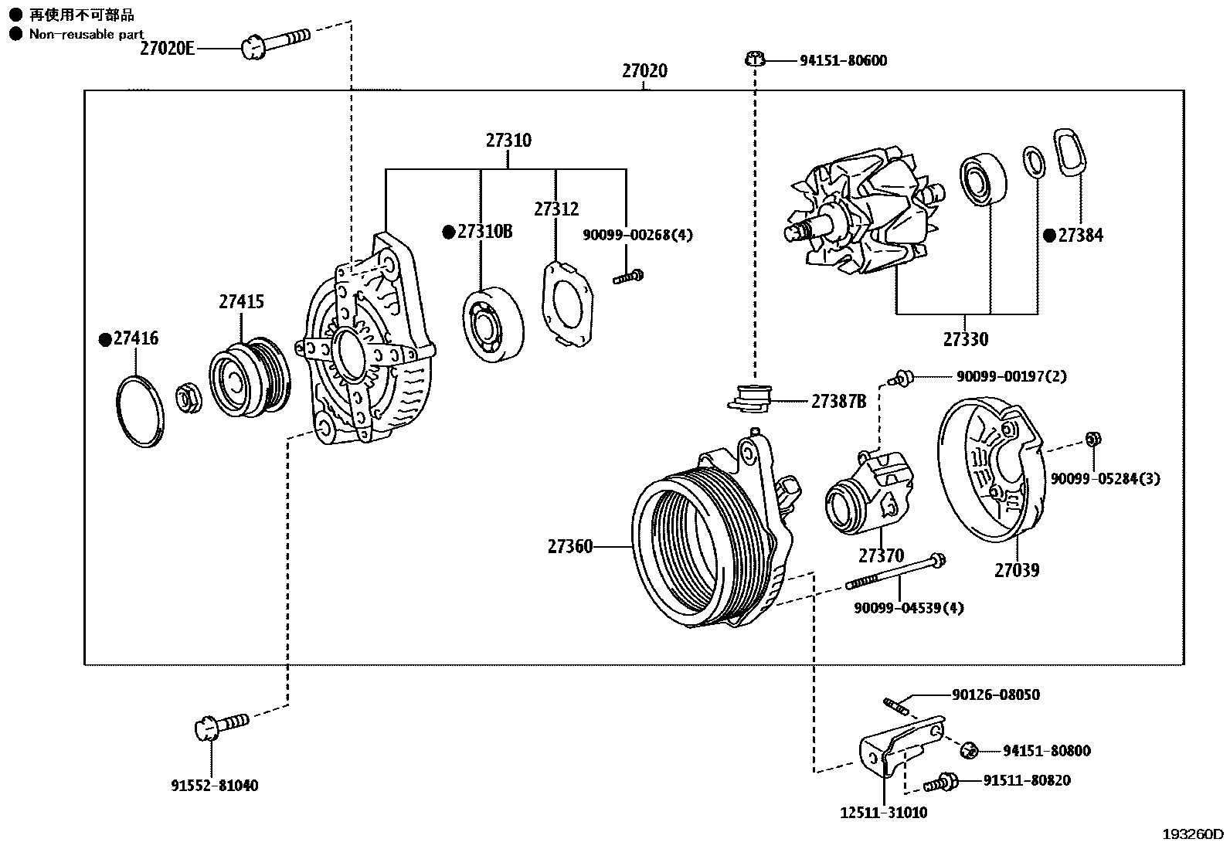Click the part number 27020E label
pyautogui.click(x=166, y=49)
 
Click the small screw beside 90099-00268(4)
pyautogui.click(x=629, y=277)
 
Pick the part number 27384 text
pyautogui.click(x=1080, y=236)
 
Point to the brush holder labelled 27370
pyautogui.click(x=869, y=493)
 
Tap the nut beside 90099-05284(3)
pyautogui.click(x=1092, y=440)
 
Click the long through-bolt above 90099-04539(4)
pyautogui.click(x=896, y=573)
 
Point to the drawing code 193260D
pyautogui.click(x=1193, y=834)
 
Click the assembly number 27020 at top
pyautogui.click(x=644, y=71)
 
